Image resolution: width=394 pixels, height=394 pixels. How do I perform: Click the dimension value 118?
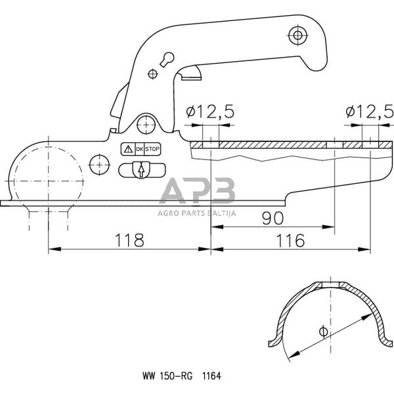(x=130, y=240)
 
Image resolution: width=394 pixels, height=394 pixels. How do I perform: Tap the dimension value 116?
(x=290, y=240)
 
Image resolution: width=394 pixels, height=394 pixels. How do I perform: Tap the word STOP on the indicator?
(x=152, y=150)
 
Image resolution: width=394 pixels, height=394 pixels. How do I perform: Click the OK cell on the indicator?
(x=139, y=150)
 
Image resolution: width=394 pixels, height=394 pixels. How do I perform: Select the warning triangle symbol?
(x=128, y=150)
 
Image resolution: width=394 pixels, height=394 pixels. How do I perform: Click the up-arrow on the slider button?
(x=140, y=170)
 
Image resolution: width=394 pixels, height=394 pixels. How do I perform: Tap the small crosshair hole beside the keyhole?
(x=153, y=72)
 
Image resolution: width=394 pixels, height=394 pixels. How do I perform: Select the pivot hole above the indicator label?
(x=146, y=122)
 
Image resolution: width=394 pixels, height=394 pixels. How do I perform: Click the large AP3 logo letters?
(x=197, y=192)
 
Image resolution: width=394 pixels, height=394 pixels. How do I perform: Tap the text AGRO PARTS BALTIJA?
(x=197, y=212)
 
